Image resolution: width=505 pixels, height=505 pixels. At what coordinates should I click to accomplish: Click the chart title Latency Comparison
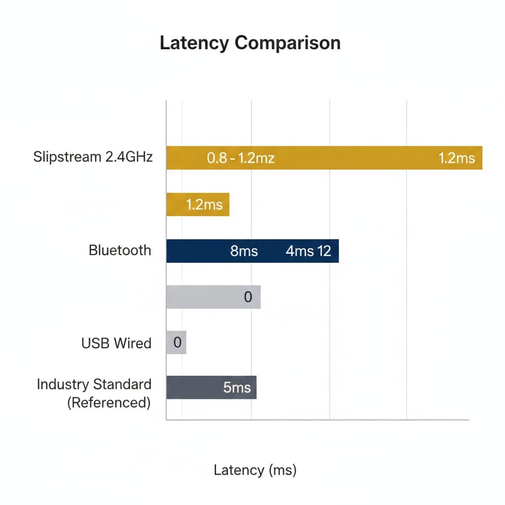[x=250, y=43]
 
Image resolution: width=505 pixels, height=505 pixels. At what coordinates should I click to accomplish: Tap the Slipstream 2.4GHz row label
[x=93, y=157]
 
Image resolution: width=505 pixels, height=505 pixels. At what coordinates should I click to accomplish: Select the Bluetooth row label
[x=120, y=250]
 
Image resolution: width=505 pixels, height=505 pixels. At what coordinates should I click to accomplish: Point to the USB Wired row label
[x=116, y=343]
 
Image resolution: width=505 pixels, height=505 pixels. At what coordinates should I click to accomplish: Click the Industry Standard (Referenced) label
[x=94, y=393]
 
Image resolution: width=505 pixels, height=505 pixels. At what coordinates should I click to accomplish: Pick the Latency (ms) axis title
[x=255, y=470]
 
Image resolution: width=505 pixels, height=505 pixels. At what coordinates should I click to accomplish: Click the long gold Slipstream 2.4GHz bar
[x=325, y=158]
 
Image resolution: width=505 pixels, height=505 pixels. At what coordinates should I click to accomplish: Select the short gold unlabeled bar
[x=198, y=205]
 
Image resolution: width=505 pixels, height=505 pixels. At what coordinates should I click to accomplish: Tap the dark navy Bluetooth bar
[x=252, y=251]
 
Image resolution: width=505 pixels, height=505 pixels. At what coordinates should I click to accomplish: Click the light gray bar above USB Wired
[x=214, y=297]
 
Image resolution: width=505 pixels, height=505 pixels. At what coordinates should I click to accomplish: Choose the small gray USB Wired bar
[x=176, y=342]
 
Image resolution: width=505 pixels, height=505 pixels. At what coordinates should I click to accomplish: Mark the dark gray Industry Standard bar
[x=211, y=388]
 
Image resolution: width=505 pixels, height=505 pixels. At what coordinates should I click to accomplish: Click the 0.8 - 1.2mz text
[x=241, y=158]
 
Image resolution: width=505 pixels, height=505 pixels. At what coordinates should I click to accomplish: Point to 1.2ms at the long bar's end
[x=457, y=158]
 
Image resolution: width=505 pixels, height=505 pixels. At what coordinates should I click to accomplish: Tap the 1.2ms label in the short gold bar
[x=204, y=205]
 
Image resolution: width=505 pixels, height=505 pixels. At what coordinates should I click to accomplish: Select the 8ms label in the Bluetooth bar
[x=244, y=251]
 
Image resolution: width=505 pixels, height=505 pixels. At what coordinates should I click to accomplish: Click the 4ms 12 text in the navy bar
[x=308, y=251]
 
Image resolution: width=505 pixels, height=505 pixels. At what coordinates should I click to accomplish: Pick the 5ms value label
[x=237, y=388]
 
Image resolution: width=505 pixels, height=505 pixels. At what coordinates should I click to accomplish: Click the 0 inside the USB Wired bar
[x=177, y=342]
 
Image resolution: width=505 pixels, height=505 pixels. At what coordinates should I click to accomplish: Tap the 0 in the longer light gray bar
[x=248, y=297]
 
